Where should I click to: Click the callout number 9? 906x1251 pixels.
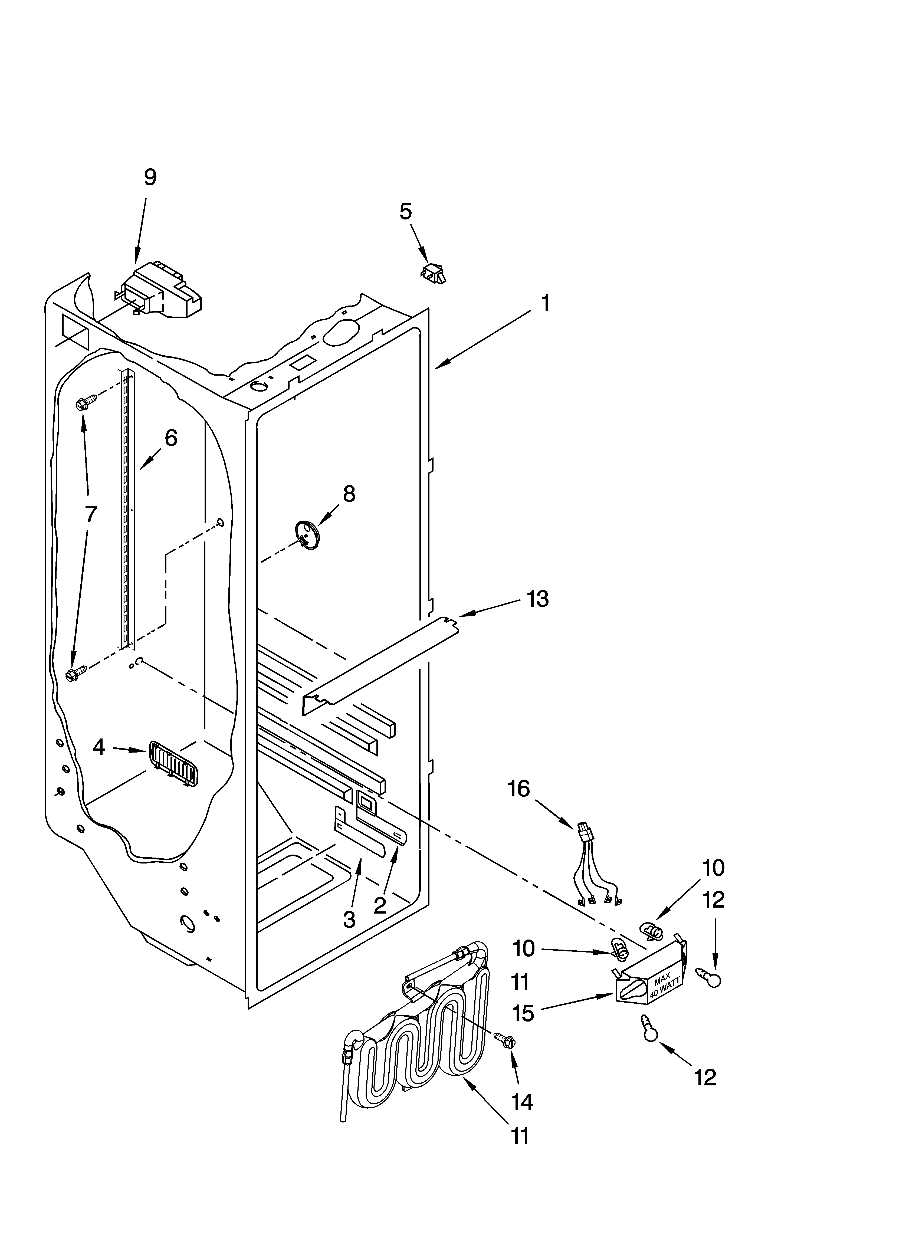150,178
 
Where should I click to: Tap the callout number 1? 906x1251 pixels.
544,303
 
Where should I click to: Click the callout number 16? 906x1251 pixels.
519,789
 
